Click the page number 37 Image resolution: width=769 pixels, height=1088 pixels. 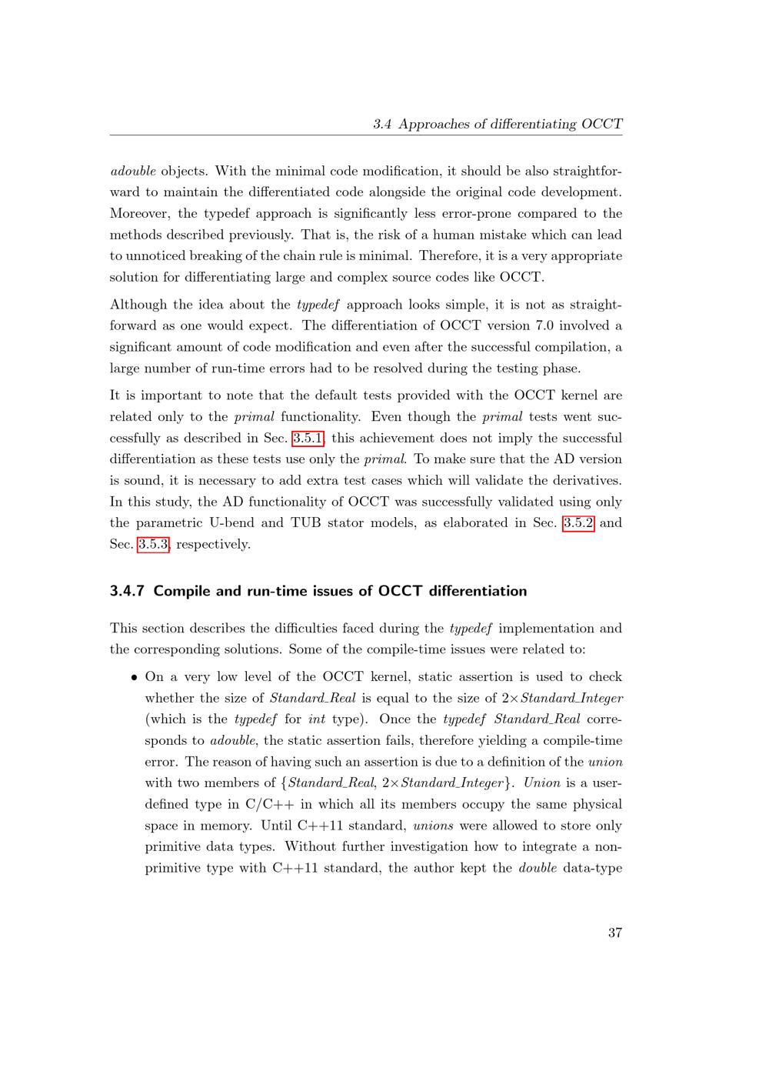point(614,933)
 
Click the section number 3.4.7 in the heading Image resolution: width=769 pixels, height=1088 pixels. point(128,591)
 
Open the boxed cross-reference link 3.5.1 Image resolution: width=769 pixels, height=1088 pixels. point(308,438)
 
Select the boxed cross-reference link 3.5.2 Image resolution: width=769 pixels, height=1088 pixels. point(578,522)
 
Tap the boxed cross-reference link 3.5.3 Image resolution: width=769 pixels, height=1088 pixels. point(152,544)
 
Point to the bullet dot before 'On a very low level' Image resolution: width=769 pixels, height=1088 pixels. point(134,678)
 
